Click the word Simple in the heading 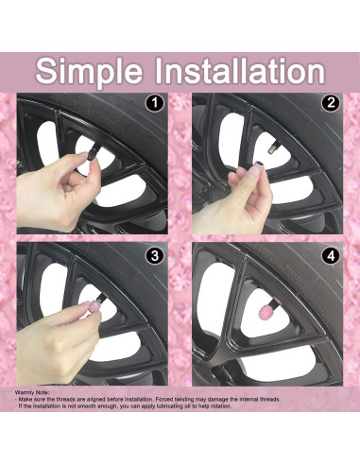pos(89,72)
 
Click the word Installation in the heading pos(240,70)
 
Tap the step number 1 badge pos(155,103)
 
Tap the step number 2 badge pos(331,103)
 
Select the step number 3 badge pos(155,255)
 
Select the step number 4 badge pos(331,255)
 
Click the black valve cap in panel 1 pos(92,154)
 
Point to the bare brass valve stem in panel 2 pos(271,148)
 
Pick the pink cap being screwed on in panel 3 pos(94,306)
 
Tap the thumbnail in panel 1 pos(83,154)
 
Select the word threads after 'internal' pos(269,399)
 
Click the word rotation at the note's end pos(221,406)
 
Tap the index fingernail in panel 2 pos(253,172)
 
